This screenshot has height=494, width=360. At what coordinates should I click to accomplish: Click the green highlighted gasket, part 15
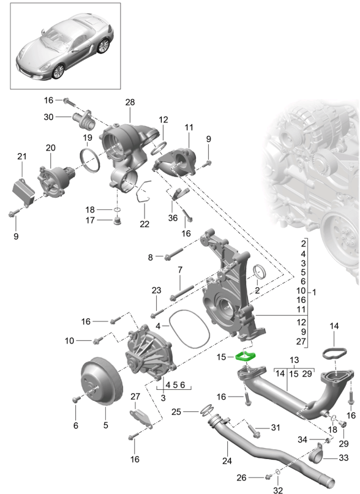pyautogui.click(x=246, y=357)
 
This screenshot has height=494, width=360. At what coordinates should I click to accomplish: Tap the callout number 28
pyautogui.click(x=130, y=102)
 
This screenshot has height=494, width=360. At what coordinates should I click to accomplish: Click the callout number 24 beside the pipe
pyautogui.click(x=227, y=461)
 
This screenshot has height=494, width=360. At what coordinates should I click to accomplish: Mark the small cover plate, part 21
pyautogui.click(x=23, y=191)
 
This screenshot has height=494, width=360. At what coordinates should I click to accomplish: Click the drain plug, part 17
pyautogui.click(x=118, y=220)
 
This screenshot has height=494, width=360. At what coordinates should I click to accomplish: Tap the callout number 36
pyautogui.click(x=173, y=218)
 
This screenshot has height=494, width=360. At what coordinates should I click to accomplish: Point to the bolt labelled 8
pyautogui.click(x=173, y=254)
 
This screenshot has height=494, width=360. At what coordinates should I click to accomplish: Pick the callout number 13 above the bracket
pyautogui.click(x=294, y=360)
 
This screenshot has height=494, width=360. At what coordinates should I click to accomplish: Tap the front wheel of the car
pyautogui.click(x=58, y=72)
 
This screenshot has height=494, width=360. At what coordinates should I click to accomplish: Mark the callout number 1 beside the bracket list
pyautogui.click(x=314, y=292)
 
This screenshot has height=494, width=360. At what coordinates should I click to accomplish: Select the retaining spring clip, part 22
pyautogui.click(x=142, y=192)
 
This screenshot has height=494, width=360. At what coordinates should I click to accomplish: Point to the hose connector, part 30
pyautogui.click(x=83, y=121)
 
